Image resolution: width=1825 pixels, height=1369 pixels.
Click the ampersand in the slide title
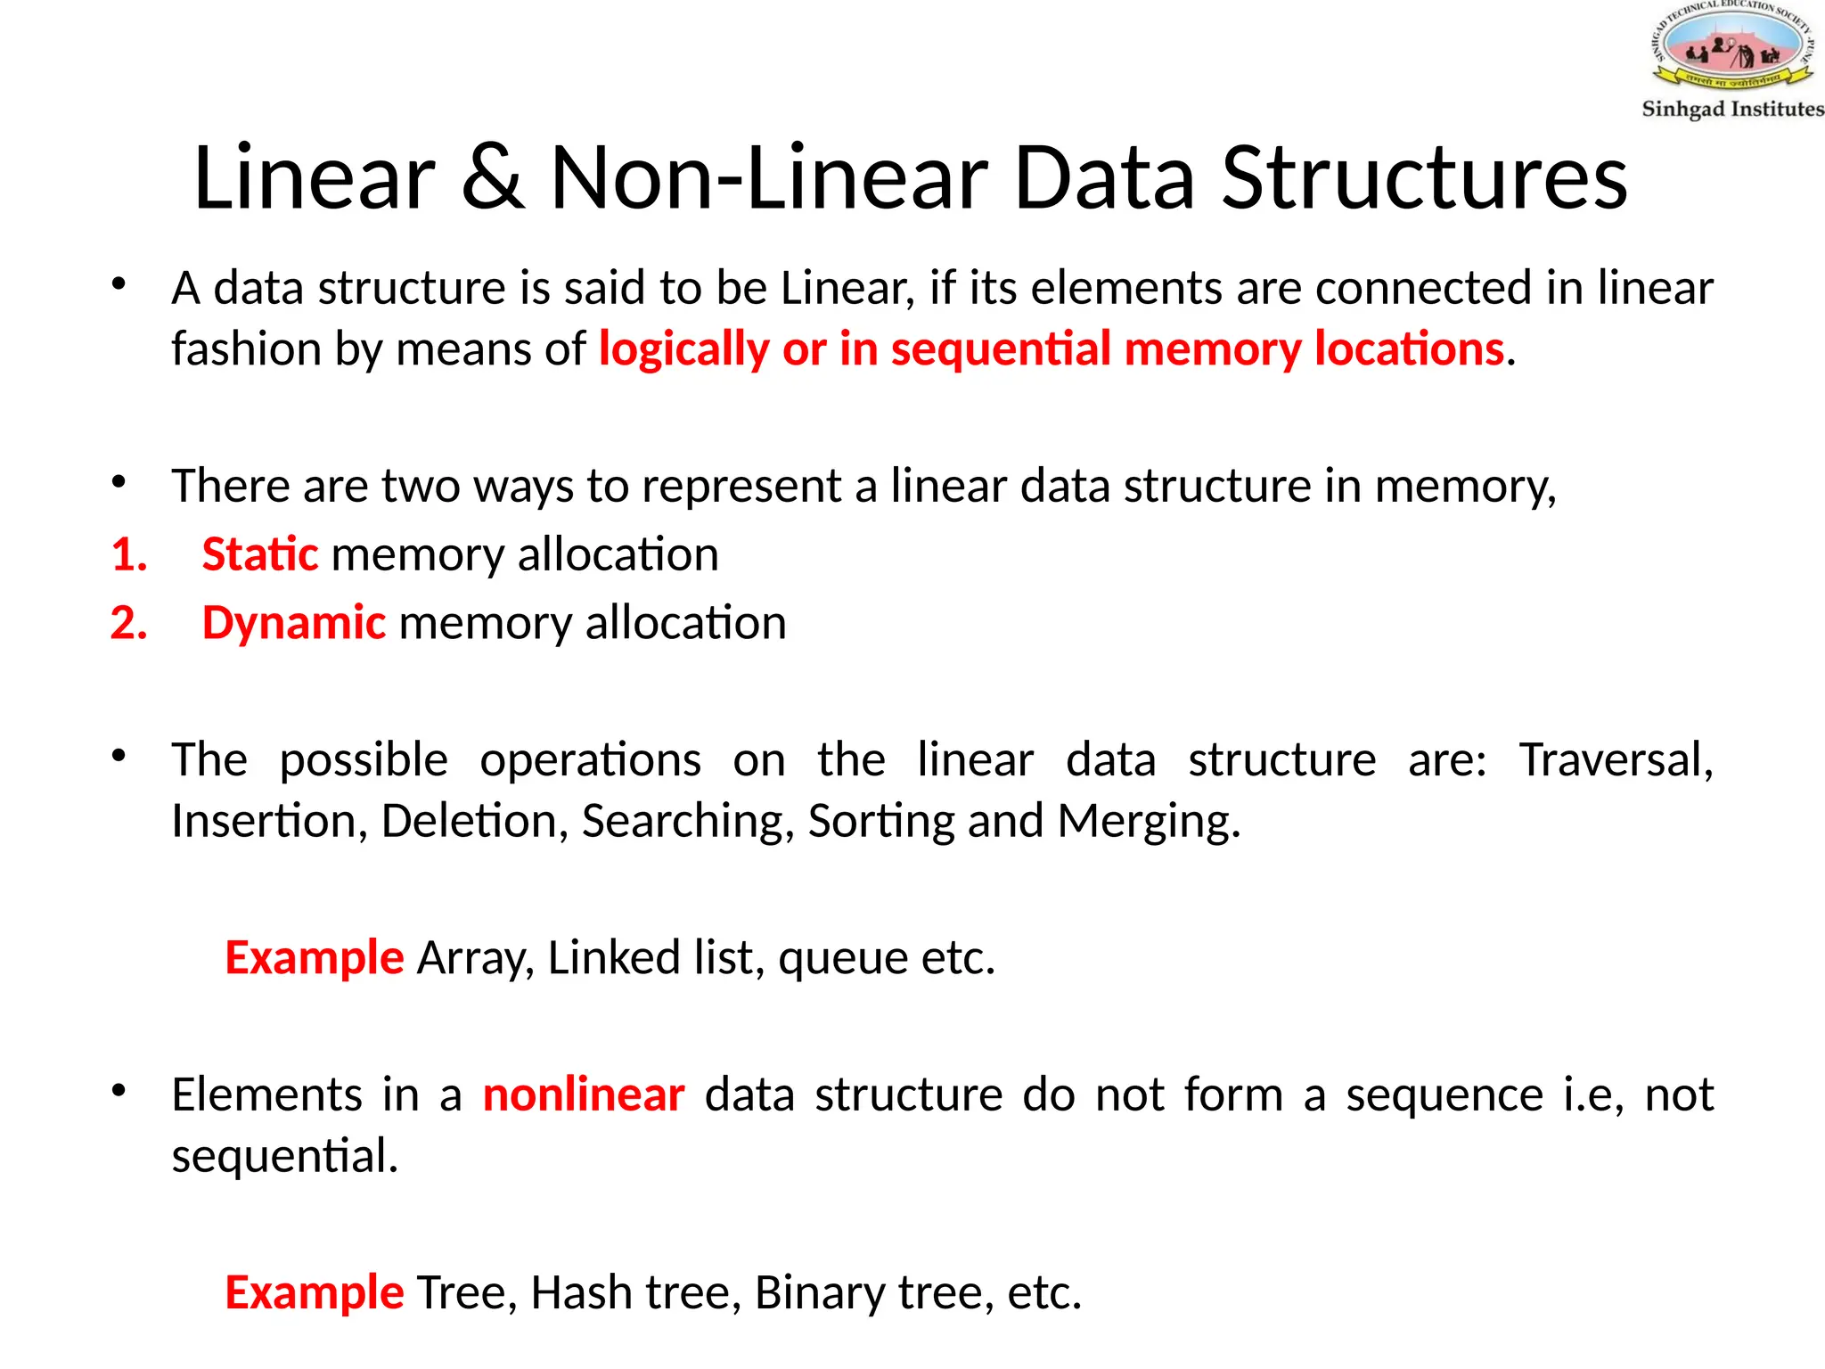493,178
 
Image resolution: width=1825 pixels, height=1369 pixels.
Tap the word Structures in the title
1424,178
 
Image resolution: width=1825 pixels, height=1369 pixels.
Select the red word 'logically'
683,348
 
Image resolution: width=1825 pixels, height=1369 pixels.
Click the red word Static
259,554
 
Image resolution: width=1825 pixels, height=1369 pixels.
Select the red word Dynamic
294,623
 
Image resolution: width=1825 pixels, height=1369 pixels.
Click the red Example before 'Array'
314,958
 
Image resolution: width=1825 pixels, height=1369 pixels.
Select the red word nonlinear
584,1095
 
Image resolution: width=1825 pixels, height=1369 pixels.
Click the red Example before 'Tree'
314,1293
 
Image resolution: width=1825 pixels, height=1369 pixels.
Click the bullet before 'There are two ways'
119,484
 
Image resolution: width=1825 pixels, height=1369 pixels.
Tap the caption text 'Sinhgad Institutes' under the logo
1732,109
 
